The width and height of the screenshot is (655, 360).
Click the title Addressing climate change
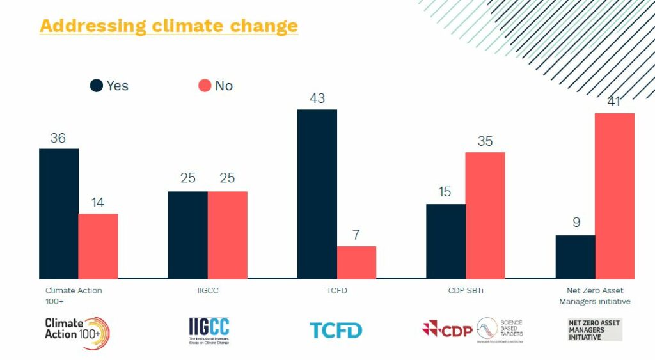coord(168,26)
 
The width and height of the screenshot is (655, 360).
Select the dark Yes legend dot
coord(97,86)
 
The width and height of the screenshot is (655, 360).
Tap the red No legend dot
coord(205,86)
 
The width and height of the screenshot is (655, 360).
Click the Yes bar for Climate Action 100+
coord(59,214)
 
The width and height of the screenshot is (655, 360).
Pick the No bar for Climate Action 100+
coord(98,246)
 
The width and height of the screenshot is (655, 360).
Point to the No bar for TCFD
coord(356,262)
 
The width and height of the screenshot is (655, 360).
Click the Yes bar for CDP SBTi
coord(446,241)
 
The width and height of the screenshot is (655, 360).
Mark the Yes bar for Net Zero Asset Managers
coord(575,256)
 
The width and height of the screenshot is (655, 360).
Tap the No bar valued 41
coord(614,196)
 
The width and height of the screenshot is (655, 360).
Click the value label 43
coord(317,98)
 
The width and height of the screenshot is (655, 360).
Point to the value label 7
coord(356,235)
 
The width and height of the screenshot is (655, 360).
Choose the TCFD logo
coord(336,331)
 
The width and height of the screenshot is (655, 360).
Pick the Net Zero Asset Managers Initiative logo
coord(594,330)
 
